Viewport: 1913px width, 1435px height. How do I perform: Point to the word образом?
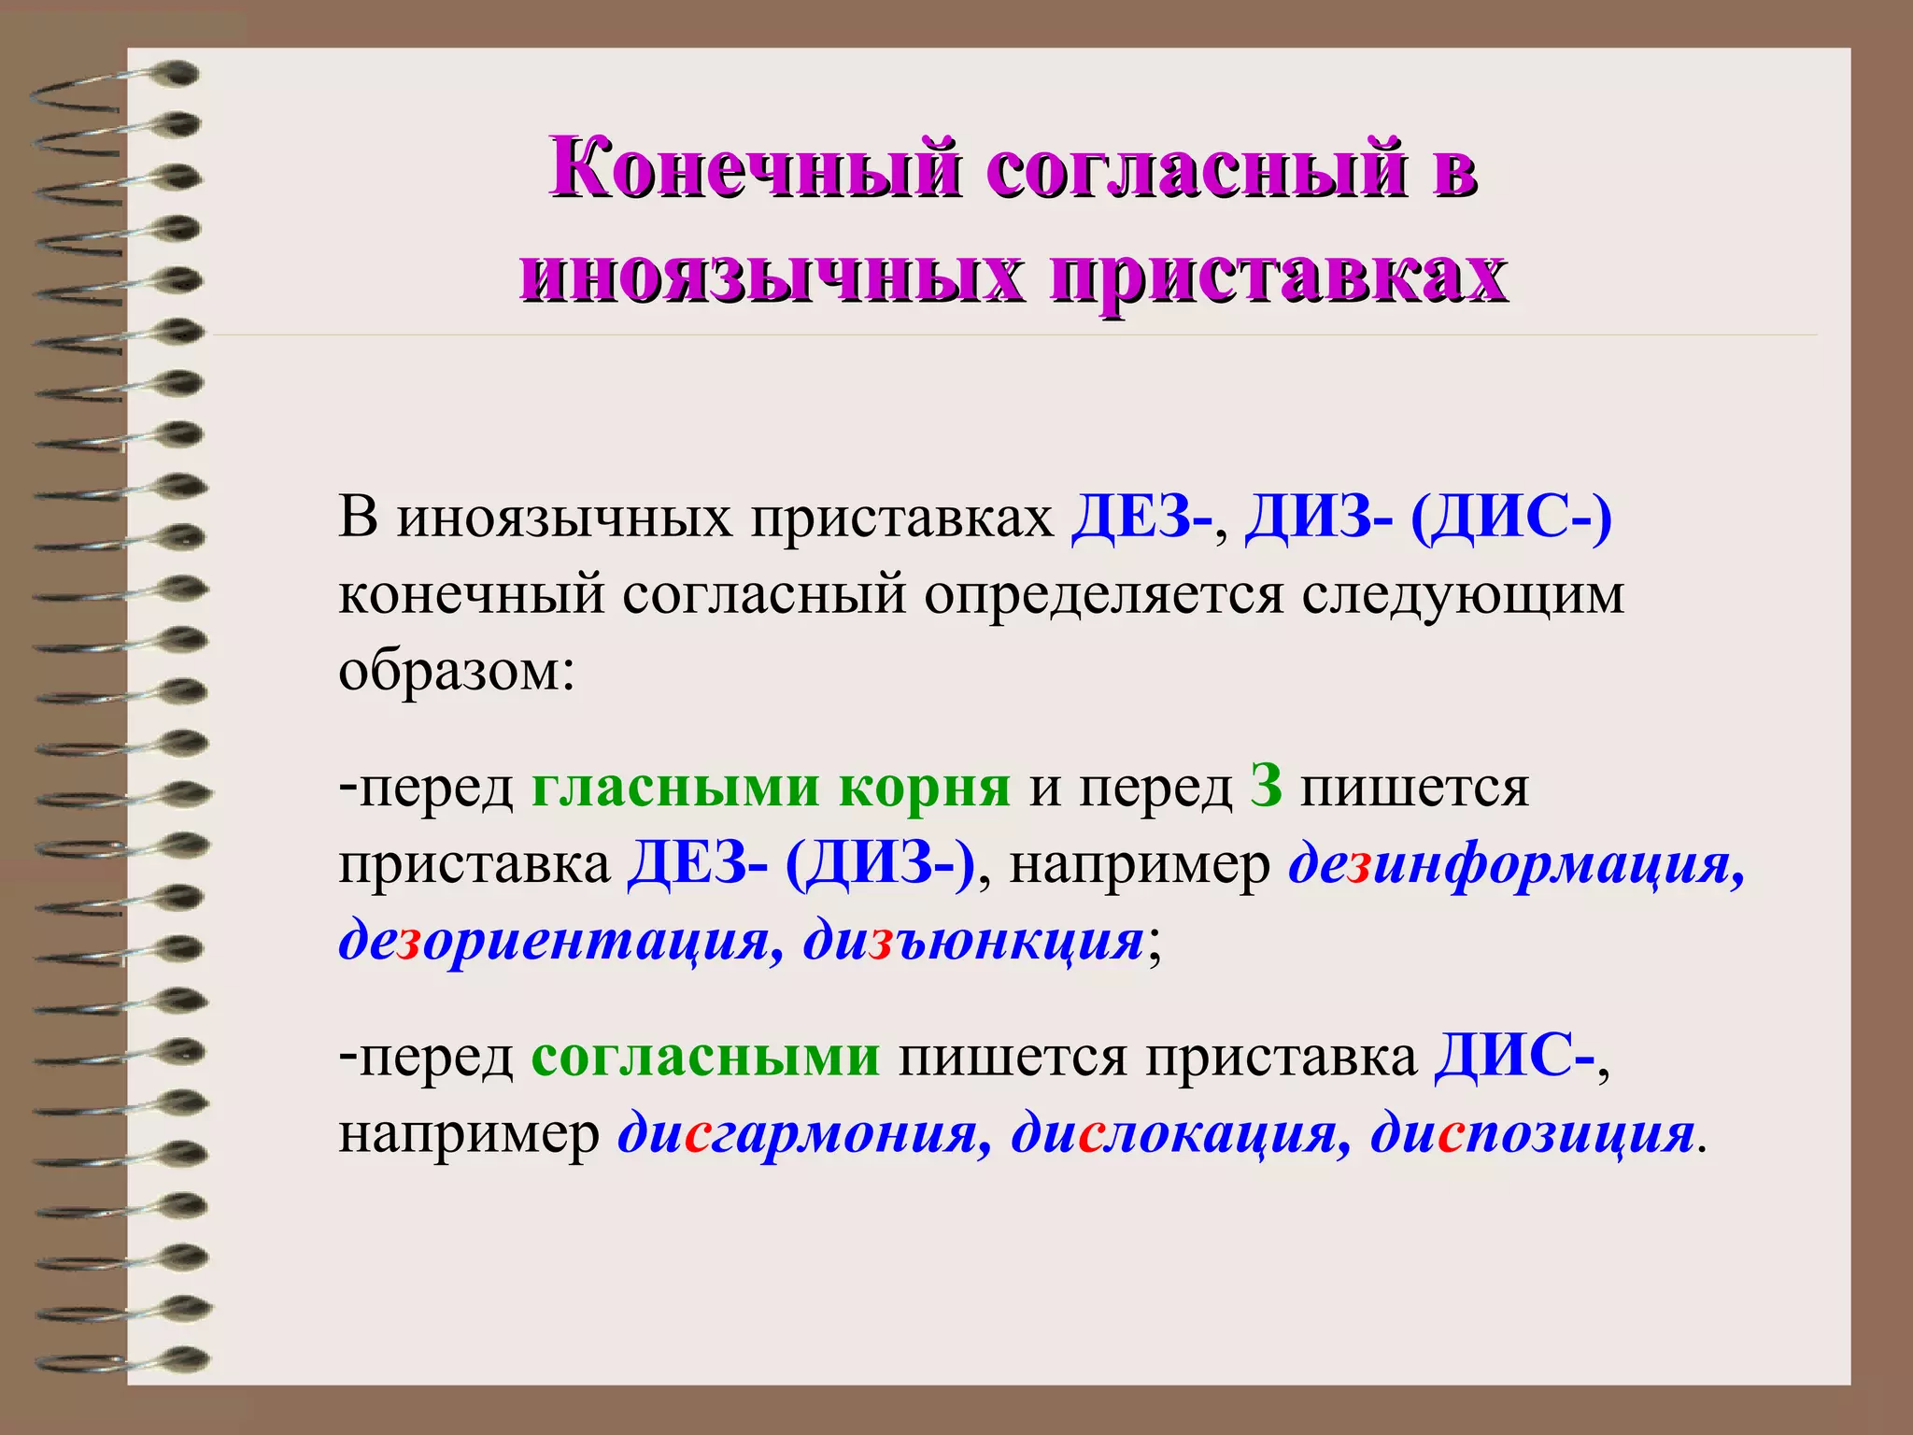[x=456, y=670]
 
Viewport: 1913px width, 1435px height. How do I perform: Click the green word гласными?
[x=675, y=787]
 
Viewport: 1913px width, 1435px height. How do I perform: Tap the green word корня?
[x=925, y=787]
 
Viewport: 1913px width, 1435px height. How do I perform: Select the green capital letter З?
[x=1266, y=787]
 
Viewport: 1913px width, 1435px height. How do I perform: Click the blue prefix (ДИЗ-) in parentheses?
[x=880, y=863]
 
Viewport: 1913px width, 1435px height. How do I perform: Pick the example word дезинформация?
[x=1515, y=865]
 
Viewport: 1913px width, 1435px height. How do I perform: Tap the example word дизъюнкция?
[x=972, y=941]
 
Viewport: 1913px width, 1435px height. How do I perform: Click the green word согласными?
[x=705, y=1057]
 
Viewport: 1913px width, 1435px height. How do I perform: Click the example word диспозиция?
[x=1532, y=1134]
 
